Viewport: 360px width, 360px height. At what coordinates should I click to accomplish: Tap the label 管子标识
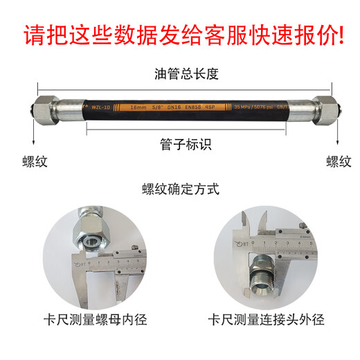tap(181, 145)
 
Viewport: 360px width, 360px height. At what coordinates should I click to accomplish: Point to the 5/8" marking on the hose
tap(160, 107)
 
